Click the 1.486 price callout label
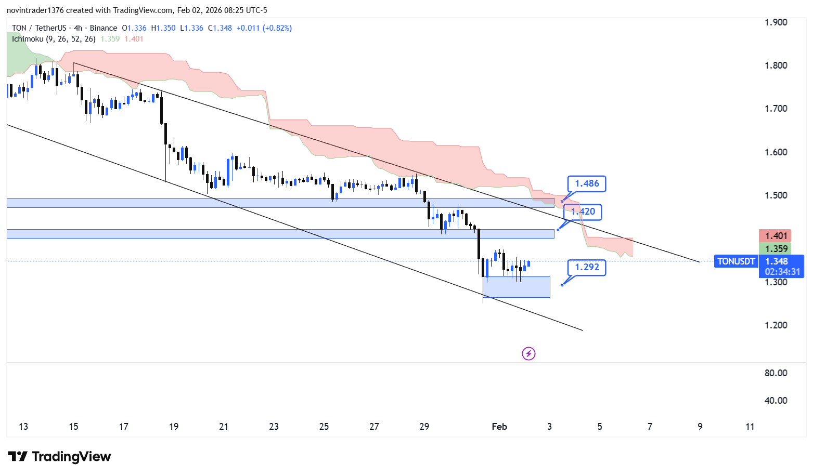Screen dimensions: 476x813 coord(587,183)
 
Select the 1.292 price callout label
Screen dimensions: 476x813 coord(587,267)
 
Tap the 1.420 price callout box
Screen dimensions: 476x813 coord(584,211)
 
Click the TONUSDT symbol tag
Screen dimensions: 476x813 coord(736,261)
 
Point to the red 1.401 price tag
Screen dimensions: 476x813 coord(776,236)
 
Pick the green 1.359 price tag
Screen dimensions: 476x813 coord(776,249)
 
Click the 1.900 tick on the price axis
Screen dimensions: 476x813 coord(776,22)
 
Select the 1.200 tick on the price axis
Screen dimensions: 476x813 coord(776,325)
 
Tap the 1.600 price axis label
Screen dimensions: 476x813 coord(776,152)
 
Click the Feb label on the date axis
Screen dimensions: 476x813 coord(499,427)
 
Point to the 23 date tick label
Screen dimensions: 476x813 coord(274,427)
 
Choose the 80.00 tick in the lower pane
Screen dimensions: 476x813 coord(776,373)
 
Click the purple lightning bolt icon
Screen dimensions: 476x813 coord(528,354)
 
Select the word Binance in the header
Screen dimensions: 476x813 coord(104,28)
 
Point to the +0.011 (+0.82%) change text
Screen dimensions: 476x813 coord(264,28)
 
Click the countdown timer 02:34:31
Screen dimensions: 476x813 coord(782,272)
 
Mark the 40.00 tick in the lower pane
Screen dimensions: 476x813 coord(776,401)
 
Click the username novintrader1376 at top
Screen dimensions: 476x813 coord(35,10)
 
